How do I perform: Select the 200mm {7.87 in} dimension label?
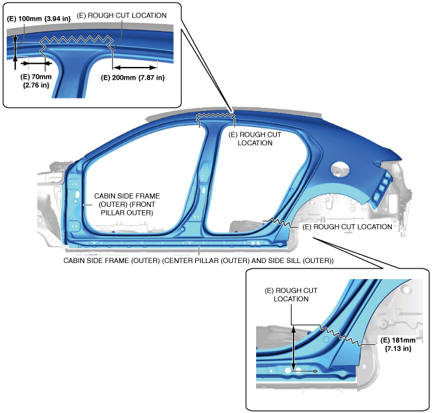pos(132,78)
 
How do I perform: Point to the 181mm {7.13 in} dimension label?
pos(395,344)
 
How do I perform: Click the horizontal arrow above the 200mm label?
pos(135,67)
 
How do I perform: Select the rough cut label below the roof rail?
pos(255,139)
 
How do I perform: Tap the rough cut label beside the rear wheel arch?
pos(347,227)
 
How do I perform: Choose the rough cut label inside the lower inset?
pos(291,295)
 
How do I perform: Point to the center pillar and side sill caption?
pos(199,260)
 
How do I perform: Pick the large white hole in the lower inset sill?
pos(288,369)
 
